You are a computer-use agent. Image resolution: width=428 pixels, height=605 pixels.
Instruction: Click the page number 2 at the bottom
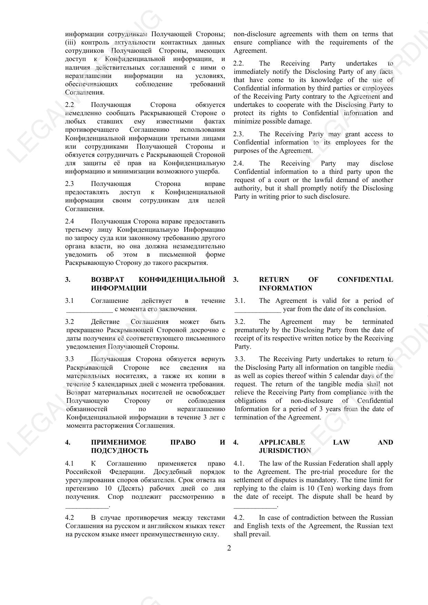pyautogui.click(x=229, y=548)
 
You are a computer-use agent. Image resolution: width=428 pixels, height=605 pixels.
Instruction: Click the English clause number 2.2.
pyautogui.click(x=238, y=63)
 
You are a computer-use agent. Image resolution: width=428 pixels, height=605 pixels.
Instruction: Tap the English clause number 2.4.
pyautogui.click(x=238, y=163)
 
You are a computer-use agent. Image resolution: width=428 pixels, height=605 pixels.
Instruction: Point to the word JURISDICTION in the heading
pyautogui.click(x=285, y=451)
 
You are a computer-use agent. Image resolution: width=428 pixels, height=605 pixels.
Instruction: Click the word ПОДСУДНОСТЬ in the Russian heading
pyautogui.click(x=119, y=451)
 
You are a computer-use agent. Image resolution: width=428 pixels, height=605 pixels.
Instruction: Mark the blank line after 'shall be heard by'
pyautogui.click(x=255, y=506)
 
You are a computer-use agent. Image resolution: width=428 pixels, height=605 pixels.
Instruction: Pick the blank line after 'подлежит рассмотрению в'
pyautogui.click(x=87, y=506)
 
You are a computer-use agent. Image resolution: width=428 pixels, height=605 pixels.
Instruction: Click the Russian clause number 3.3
pyautogui.click(x=69, y=359)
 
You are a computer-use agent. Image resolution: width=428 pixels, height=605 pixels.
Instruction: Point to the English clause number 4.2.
pyautogui.click(x=239, y=518)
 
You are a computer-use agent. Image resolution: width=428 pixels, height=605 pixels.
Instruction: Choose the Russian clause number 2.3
pyautogui.click(x=69, y=184)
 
